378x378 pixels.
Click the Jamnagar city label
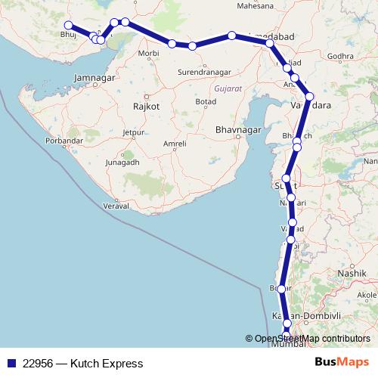94,77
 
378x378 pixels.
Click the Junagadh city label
122,162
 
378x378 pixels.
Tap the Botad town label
206,101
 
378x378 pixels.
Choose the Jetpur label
134,132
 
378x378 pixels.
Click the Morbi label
148,54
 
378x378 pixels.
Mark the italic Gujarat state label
228,89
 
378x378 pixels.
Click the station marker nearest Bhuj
69,25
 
